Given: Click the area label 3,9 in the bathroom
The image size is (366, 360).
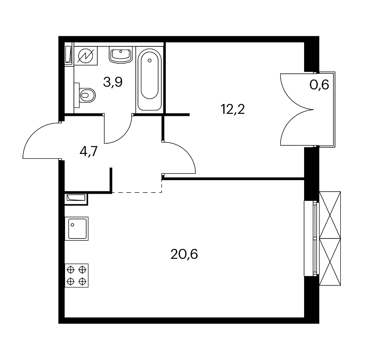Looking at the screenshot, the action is (x=113, y=82).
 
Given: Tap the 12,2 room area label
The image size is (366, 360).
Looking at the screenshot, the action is (x=233, y=109).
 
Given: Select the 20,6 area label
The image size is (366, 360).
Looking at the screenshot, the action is (x=184, y=254).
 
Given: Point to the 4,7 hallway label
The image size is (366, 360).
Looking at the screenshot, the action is (x=88, y=151).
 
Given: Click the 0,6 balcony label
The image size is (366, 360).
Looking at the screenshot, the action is (x=319, y=84).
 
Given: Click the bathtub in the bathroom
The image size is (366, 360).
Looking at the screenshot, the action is (x=149, y=80).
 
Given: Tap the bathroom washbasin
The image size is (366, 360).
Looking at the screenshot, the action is (x=121, y=55).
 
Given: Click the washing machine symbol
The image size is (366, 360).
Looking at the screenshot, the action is (x=86, y=56).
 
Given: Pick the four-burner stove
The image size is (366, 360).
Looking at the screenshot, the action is (x=76, y=276).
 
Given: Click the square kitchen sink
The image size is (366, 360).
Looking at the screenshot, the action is (x=76, y=229).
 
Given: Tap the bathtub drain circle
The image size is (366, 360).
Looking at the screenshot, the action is (x=149, y=61).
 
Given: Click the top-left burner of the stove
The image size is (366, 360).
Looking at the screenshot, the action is (x=70, y=270).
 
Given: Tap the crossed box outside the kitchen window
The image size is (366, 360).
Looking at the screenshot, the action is (x=330, y=238).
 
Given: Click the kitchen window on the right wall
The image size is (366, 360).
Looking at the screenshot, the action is (x=312, y=238).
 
